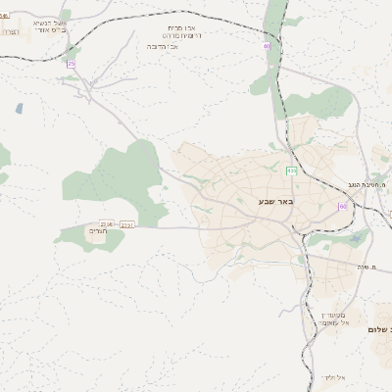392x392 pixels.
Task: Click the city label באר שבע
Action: tap(266, 201)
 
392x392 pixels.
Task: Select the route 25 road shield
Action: tap(71, 63)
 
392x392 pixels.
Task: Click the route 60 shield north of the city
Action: tap(266, 45)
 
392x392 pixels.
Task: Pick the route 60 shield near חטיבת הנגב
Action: tap(342, 207)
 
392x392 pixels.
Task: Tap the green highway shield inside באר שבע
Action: tap(291, 171)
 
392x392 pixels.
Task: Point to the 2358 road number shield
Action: tap(107, 223)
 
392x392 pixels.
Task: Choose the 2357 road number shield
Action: tap(127, 224)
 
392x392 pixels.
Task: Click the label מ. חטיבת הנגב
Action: tap(370, 184)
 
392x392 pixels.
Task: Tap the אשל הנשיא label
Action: tap(44, 21)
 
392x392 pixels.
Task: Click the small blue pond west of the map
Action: tap(20, 108)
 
